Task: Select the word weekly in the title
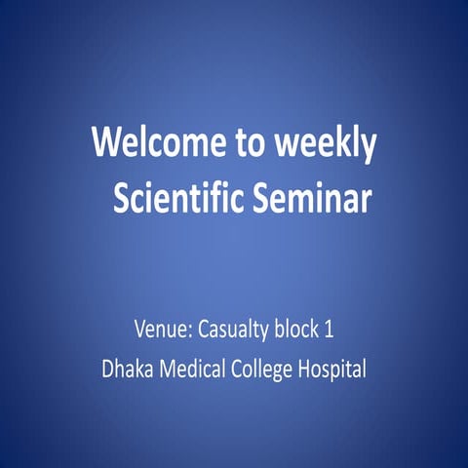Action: pos(327,144)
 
